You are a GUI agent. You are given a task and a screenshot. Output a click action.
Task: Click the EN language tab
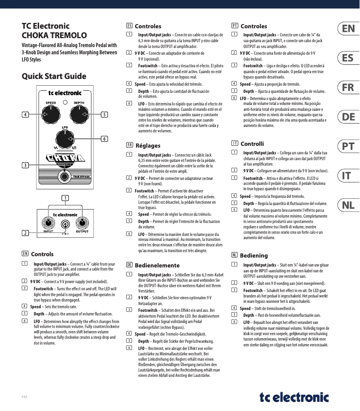point(348,30)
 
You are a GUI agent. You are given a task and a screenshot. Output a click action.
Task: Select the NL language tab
point(348,205)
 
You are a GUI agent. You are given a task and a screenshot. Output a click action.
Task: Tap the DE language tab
point(348,118)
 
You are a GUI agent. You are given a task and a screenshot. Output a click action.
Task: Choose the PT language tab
point(348,147)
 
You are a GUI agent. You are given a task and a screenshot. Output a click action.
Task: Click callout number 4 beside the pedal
point(26,115)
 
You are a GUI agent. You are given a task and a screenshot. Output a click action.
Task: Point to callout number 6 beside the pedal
point(104,139)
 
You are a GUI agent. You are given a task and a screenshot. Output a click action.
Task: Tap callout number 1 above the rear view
point(65,198)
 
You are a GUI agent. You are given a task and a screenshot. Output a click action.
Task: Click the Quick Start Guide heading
point(54,76)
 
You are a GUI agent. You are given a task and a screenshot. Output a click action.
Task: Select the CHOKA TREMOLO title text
point(54,35)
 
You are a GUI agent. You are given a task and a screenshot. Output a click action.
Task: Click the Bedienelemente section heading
point(154,265)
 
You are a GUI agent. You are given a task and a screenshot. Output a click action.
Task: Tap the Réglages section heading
point(148,146)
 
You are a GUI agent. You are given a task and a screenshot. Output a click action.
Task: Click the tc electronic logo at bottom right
point(294,397)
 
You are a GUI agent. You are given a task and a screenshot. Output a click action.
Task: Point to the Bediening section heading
point(254,255)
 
